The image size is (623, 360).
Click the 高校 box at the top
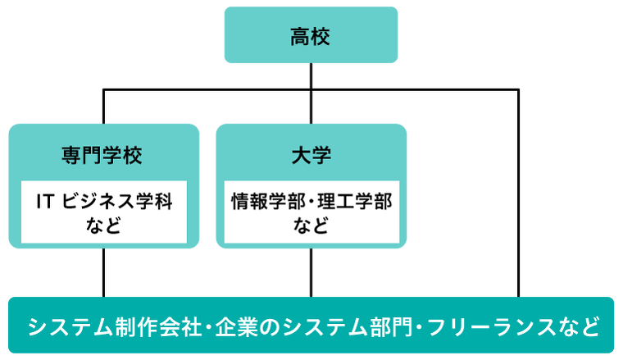tap(311, 35)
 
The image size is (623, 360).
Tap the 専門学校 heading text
tap(102, 155)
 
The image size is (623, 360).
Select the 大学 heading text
tap(311, 155)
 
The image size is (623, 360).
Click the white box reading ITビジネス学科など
tap(104, 212)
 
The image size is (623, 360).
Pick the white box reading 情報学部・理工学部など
tap(311, 212)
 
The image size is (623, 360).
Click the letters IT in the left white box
tap(44, 202)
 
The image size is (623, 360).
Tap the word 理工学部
tap(355, 202)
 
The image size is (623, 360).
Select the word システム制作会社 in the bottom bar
tap(115, 326)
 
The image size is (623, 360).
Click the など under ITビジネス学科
tap(103, 226)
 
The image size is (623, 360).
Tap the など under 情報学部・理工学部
tap(311, 226)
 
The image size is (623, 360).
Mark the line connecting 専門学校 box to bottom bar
tap(104, 272)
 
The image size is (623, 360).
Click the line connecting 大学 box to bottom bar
tap(311, 272)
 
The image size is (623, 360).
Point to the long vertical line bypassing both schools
tap(518, 193)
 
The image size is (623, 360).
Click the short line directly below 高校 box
tap(311, 76)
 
